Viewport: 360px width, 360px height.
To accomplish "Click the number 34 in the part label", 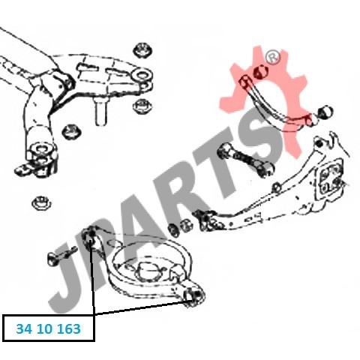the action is tap(24, 328).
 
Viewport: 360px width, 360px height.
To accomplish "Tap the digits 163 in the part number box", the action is tap(69, 328).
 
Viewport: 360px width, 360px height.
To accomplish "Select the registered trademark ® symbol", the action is tap(274, 57).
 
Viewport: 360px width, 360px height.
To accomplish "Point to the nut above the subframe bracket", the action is tap(143, 50).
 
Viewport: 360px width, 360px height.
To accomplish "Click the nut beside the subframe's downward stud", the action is tap(142, 106).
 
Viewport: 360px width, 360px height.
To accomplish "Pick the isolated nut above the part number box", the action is tap(41, 202).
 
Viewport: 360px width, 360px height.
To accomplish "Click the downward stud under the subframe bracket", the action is tap(101, 111).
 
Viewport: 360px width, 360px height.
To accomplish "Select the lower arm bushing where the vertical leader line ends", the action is tap(91, 236).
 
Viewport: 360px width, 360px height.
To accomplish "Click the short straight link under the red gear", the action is tap(245, 159).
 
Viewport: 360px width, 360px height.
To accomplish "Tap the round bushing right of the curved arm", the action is tap(325, 112).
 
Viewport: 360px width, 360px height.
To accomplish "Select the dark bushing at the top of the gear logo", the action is tap(260, 72).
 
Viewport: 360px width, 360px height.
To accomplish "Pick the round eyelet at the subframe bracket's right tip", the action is tap(142, 75).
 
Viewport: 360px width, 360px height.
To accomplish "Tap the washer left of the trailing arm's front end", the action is tap(173, 229).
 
